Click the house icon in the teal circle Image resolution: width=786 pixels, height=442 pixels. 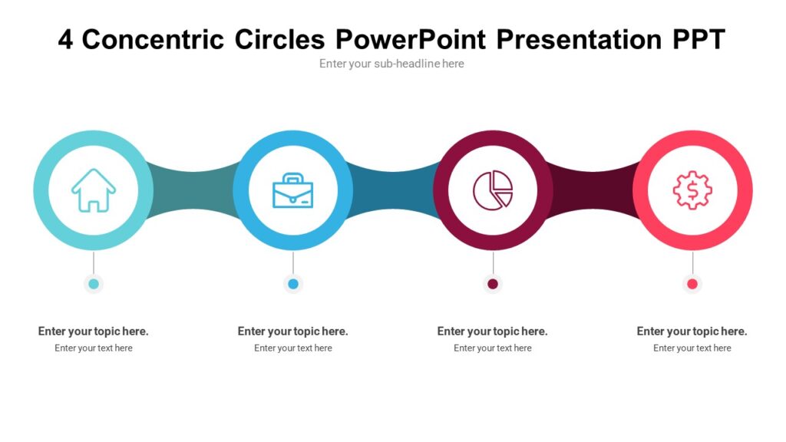(94, 190)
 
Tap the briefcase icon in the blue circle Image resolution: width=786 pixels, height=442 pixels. (293, 190)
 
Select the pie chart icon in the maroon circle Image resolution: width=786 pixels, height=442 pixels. (493, 190)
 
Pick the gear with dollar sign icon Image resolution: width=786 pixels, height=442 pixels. (692, 190)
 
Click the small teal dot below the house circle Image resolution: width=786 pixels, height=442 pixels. (94, 284)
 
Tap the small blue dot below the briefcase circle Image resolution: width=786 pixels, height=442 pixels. (293, 284)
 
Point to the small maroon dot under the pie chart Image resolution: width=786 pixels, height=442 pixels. (493, 284)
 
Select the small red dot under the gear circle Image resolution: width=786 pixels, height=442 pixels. (692, 284)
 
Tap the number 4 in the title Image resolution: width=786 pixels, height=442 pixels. (66, 39)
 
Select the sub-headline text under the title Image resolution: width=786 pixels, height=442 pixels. (391, 64)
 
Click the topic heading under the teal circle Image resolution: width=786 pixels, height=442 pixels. (94, 331)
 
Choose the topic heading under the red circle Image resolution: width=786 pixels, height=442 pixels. (692, 331)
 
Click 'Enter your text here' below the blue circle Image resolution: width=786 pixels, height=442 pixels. (293, 348)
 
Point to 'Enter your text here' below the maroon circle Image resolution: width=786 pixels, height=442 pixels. (493, 348)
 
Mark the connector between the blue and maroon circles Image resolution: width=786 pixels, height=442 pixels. (393, 190)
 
